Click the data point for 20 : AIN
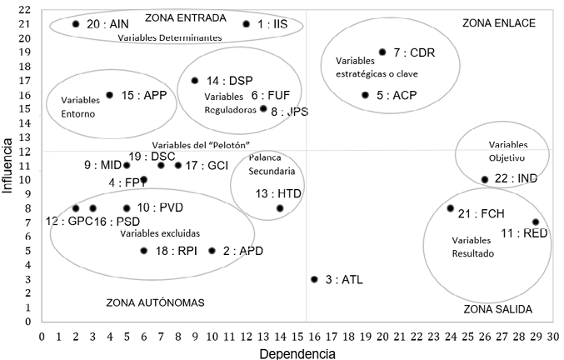pos(76,24)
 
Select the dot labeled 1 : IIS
pos(246,24)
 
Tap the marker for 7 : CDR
pos(382,52)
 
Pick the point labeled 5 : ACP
pos(365,95)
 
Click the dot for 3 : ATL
pos(314,279)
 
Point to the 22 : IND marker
pos(485,179)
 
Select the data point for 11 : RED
pos(536,222)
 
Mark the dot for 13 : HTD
pos(280,208)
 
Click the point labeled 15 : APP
pos(109,95)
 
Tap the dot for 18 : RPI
pos(144,251)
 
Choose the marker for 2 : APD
pos(212,251)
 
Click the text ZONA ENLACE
pos(499,22)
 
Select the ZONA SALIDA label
pos(498,309)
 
